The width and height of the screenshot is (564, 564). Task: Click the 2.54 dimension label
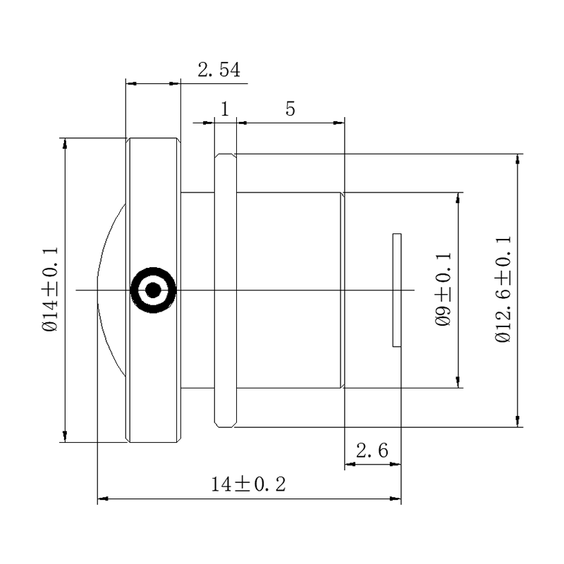click(219, 70)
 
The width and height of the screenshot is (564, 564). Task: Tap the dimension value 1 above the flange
click(225, 109)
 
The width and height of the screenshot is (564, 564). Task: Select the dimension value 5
click(290, 109)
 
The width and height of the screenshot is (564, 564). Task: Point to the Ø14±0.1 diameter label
click(50, 290)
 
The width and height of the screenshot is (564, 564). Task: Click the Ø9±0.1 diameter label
click(443, 290)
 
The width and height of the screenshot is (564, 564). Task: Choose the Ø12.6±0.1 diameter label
click(503, 290)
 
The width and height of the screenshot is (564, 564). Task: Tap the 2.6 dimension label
click(372, 450)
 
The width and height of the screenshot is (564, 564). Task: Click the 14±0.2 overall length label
click(248, 484)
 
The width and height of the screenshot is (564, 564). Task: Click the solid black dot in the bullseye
click(153, 290)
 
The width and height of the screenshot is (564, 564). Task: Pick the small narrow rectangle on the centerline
click(397, 290)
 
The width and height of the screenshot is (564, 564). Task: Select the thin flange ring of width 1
click(226, 290)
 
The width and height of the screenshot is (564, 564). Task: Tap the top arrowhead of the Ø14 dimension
click(65, 144)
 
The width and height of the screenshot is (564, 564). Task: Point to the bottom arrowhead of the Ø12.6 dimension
click(517, 421)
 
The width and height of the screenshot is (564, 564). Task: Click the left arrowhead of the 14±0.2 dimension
click(103, 499)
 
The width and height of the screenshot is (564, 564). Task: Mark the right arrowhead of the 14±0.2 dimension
click(396, 499)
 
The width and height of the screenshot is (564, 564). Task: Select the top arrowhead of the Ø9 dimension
click(458, 198)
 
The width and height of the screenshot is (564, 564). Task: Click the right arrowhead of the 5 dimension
click(339, 123)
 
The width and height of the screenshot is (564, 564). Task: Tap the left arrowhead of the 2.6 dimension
click(350, 465)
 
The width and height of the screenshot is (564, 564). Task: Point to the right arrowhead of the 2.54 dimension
click(174, 83)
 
